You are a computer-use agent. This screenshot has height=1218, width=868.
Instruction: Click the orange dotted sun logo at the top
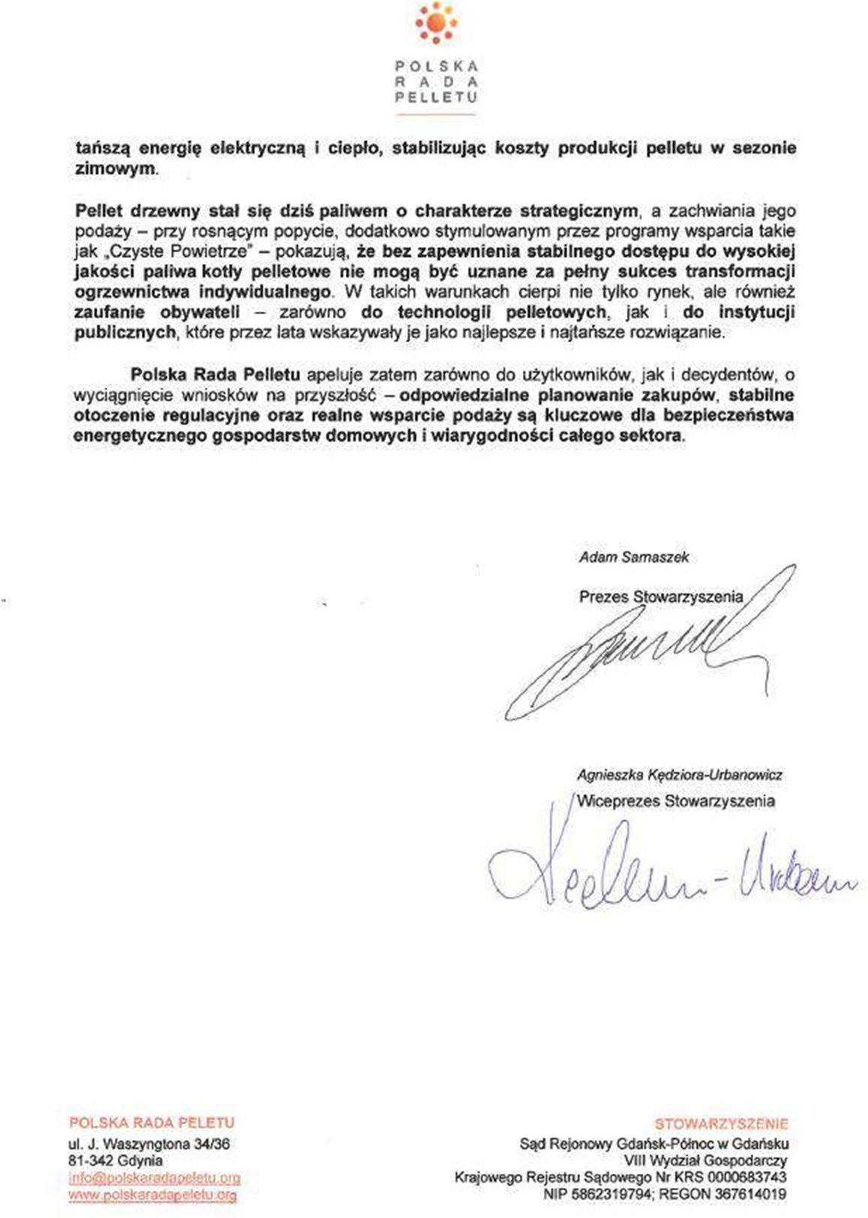435,22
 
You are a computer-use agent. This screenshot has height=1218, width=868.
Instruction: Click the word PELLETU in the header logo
436,97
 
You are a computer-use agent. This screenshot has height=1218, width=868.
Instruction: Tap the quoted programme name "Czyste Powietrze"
178,251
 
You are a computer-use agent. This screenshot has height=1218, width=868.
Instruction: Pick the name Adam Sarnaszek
633,557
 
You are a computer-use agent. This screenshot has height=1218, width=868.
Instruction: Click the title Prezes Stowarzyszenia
660,597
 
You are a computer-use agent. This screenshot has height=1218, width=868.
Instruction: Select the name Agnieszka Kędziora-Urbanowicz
679,775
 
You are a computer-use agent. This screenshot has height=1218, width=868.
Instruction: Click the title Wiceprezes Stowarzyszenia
676,801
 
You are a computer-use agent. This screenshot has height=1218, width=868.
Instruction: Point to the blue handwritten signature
668,874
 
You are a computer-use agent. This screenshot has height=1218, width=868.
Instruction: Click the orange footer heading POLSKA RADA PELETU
152,1123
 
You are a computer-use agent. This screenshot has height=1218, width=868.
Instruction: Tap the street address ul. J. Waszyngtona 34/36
149,1144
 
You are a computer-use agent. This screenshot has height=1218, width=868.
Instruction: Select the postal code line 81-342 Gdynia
116,1161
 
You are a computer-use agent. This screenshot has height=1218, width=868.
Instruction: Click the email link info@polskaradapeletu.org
154,1178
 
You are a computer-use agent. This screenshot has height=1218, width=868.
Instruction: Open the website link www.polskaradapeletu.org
152,1195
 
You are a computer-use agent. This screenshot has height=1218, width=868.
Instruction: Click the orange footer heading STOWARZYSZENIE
721,1123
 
